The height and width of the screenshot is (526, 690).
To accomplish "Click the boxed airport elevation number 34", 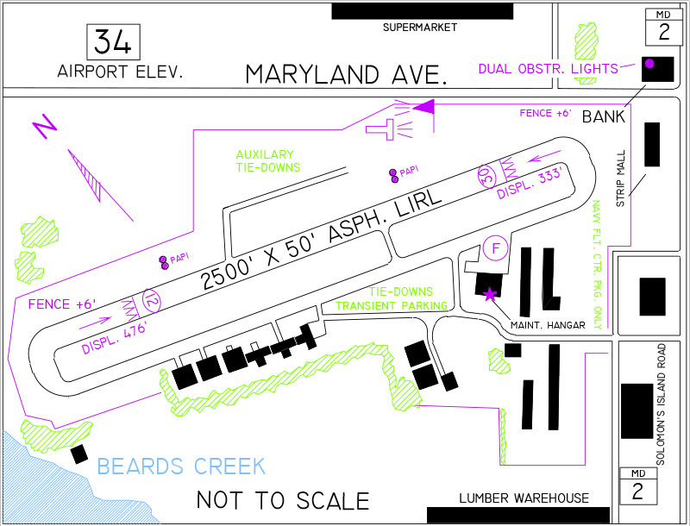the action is pos(113,42).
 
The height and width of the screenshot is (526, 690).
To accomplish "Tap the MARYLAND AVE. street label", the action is pos(347,74).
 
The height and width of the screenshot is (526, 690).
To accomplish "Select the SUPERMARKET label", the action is pos(420,28).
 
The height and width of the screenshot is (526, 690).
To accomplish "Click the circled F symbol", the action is pos(495,248).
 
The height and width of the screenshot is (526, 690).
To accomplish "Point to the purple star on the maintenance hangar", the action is pos(489,294).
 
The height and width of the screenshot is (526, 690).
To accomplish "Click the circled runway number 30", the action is pos(486,177).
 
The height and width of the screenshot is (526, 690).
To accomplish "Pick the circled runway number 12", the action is pos(152,301).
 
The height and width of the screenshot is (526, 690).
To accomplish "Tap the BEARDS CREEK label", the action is pos(181,467).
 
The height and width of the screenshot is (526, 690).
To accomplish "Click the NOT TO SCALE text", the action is pos(283,500).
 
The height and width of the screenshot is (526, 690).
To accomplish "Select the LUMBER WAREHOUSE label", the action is pos(524,498).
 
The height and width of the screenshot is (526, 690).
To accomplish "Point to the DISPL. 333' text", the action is pos(530,184).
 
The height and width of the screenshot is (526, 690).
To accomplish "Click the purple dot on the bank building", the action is pos(649,63).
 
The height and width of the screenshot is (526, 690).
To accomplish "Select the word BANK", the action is pos(603,116).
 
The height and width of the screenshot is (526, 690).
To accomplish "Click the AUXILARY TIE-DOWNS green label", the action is pos(268,161).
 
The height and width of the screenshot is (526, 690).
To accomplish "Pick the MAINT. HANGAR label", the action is pos(548,325).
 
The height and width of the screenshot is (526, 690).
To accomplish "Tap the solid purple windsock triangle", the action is pos(424,106).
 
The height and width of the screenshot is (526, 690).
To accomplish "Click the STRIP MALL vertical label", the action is pos(620,178).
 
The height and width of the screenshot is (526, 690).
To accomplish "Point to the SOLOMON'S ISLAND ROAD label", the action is pos(661,404).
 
